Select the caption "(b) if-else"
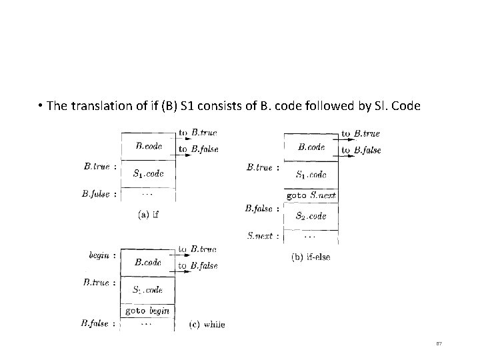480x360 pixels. (x=311, y=256)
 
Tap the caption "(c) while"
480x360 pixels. (x=207, y=325)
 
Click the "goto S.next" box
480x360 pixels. (x=311, y=195)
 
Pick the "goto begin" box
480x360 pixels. (x=147, y=311)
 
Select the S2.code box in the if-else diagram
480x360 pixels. (x=311, y=215)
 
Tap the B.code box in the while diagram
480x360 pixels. (x=147, y=262)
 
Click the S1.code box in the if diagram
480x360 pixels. (x=148, y=174)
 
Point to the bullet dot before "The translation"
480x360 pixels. (x=41, y=105)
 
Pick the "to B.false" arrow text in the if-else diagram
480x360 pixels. (x=361, y=151)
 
